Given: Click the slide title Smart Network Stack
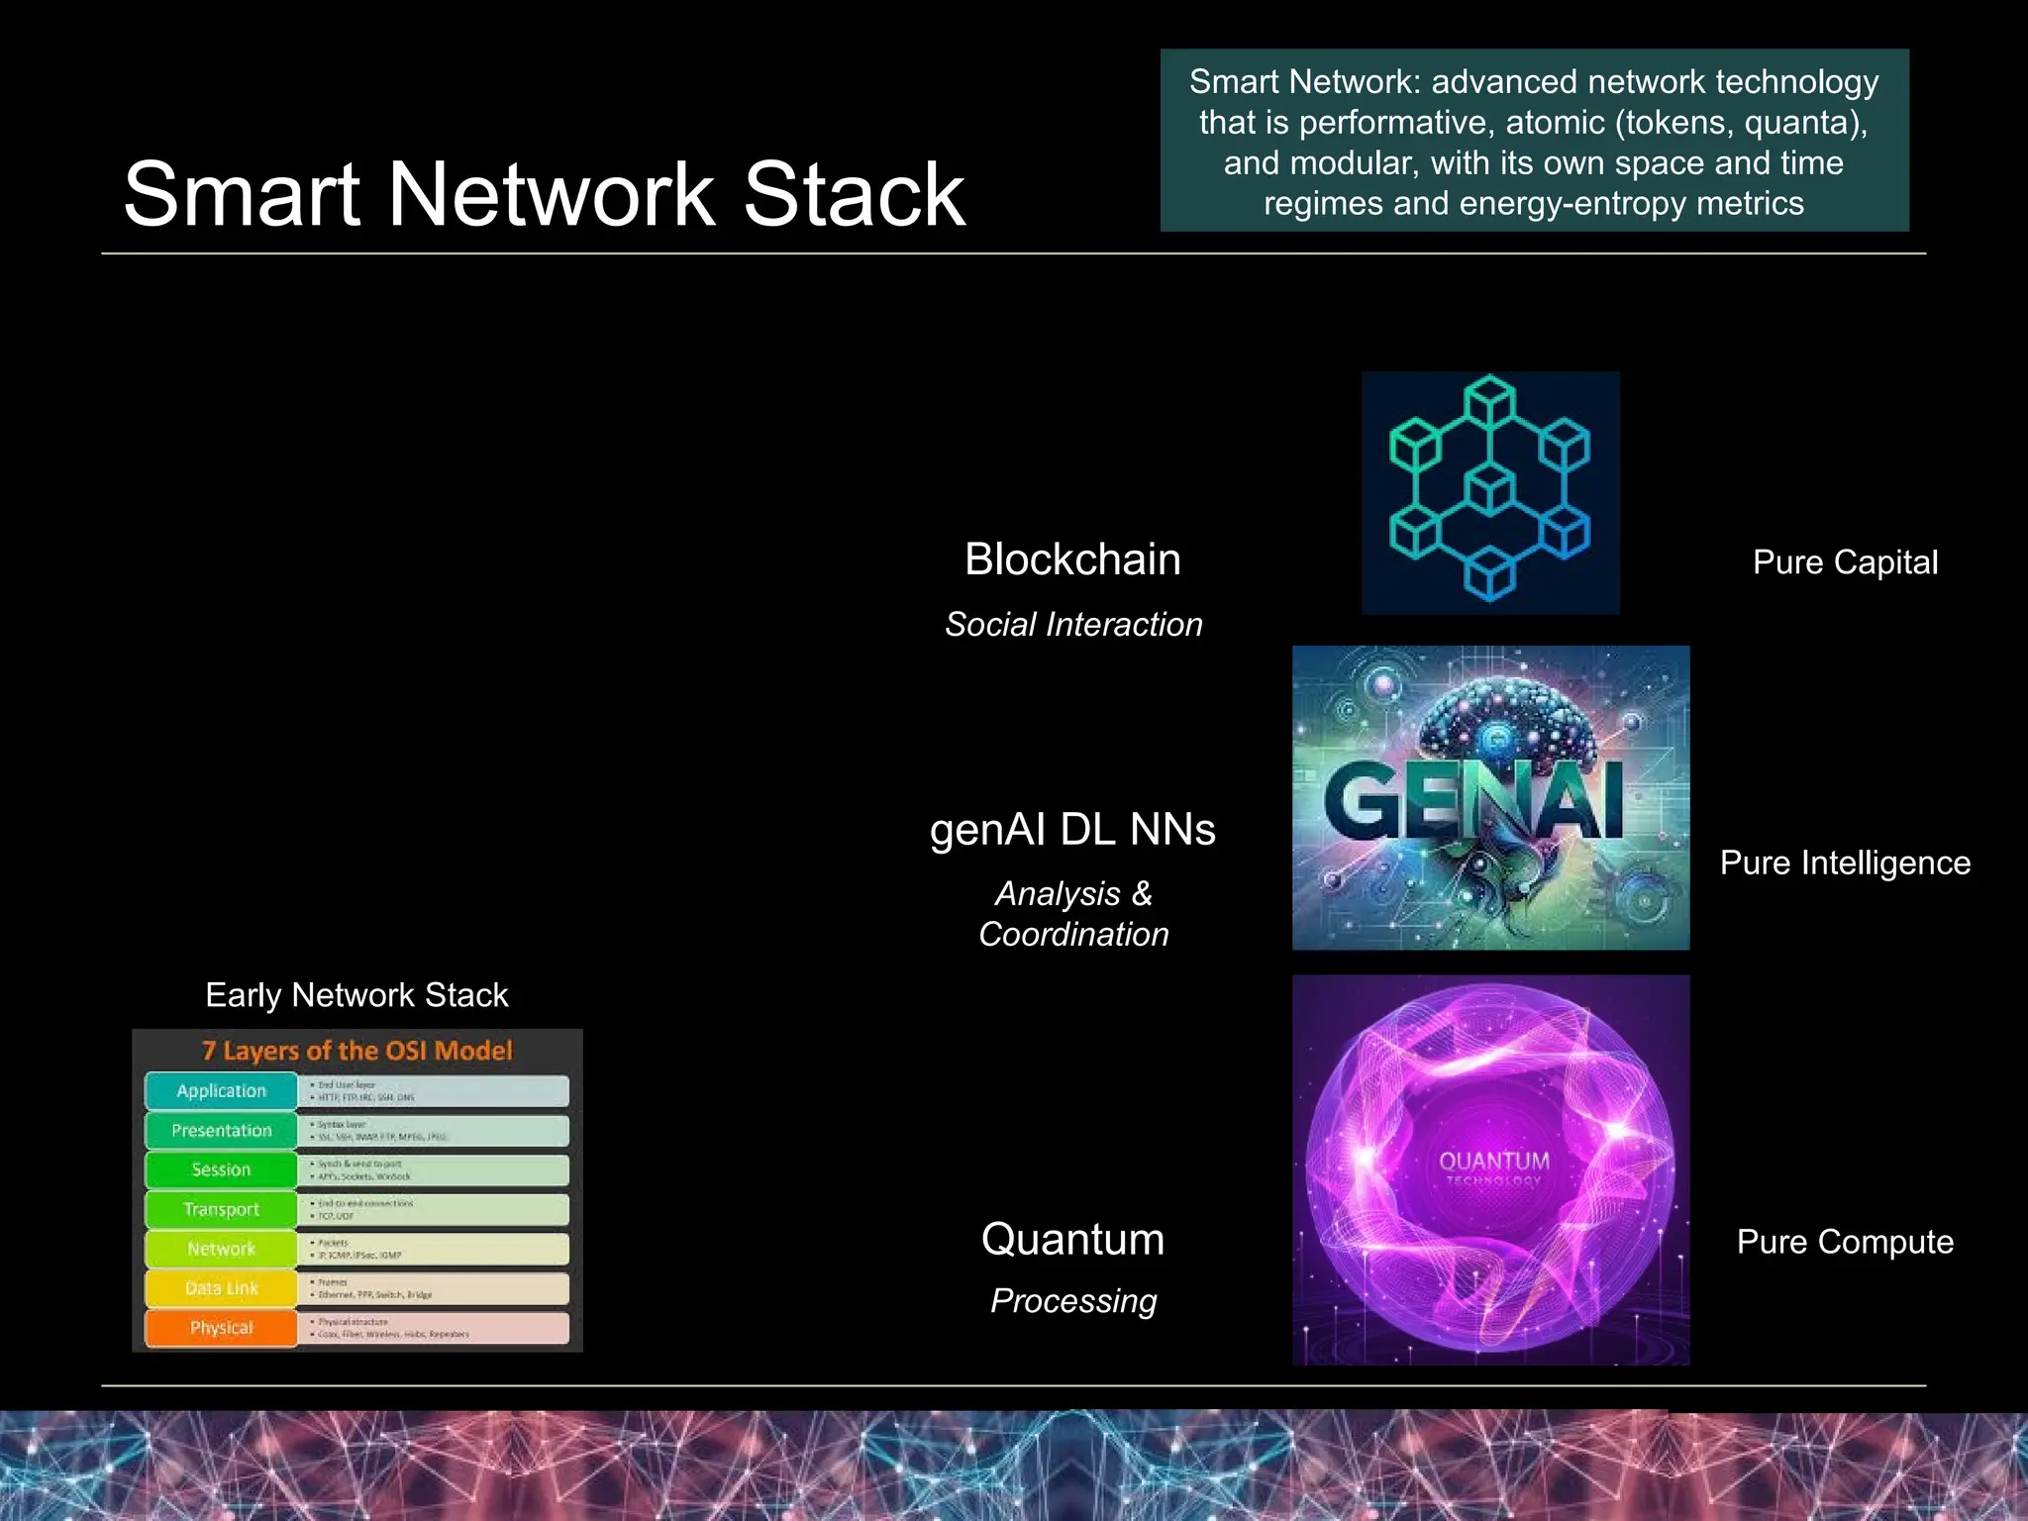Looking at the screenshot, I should (544, 194).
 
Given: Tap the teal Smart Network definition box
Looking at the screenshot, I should (1534, 142).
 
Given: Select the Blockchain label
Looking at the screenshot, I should (1072, 559).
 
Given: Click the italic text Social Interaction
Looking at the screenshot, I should (1073, 625).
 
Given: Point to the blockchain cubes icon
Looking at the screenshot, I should (1490, 491).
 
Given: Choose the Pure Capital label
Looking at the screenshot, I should (1845, 562).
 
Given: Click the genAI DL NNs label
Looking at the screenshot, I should (1072, 830).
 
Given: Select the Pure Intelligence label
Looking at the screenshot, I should (1845, 863).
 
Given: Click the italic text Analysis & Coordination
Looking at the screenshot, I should (1073, 914).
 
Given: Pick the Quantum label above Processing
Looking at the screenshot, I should (1072, 1240).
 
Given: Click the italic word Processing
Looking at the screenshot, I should (1073, 1301).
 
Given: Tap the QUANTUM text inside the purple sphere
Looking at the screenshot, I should (1493, 1162).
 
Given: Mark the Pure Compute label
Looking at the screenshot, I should (1845, 1243).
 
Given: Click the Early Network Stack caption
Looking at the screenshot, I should (356, 995).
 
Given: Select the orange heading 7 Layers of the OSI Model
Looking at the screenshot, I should (357, 1051).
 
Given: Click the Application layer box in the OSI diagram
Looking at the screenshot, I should (221, 1091).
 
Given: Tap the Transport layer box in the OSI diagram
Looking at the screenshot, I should (221, 1210).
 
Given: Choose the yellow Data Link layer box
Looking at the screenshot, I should (221, 1288).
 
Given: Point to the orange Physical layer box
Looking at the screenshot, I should (221, 1328).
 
